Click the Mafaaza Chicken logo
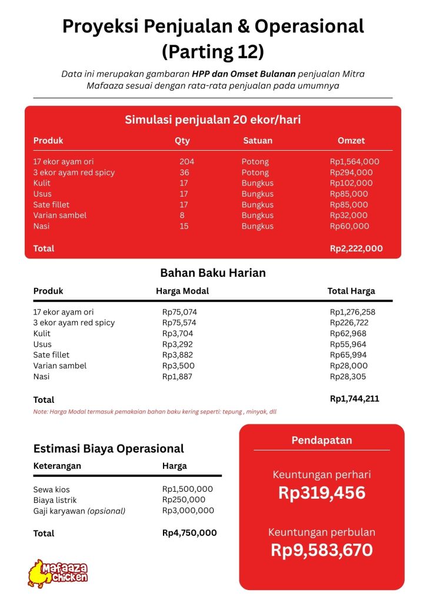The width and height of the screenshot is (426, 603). coord(58,572)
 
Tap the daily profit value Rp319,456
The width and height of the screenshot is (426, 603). coord(321,493)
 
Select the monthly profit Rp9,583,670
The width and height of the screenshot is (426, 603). coord(321,550)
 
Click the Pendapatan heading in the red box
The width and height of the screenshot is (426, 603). coord(321,440)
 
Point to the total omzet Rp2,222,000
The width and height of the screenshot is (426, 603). coord(356,249)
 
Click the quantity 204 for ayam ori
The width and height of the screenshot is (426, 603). coord(187,161)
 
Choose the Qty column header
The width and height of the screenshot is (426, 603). coord(182,141)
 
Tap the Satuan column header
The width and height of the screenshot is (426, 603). coord(257,141)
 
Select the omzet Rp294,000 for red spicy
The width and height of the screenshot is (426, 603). coord(351,173)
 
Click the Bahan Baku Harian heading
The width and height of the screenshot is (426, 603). coord(212,273)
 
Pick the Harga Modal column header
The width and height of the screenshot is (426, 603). coord(182,291)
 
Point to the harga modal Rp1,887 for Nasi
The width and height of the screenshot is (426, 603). coord(177,376)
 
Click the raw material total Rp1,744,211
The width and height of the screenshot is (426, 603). coord(354,399)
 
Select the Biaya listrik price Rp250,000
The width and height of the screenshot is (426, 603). coord(184,500)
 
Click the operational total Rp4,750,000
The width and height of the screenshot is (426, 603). coord(189,533)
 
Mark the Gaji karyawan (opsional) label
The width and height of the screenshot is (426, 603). coord(79,511)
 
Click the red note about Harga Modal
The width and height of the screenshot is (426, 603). coord(155,412)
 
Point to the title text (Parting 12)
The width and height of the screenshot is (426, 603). coord(212,52)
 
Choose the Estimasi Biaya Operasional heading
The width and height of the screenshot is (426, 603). coord(108,449)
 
